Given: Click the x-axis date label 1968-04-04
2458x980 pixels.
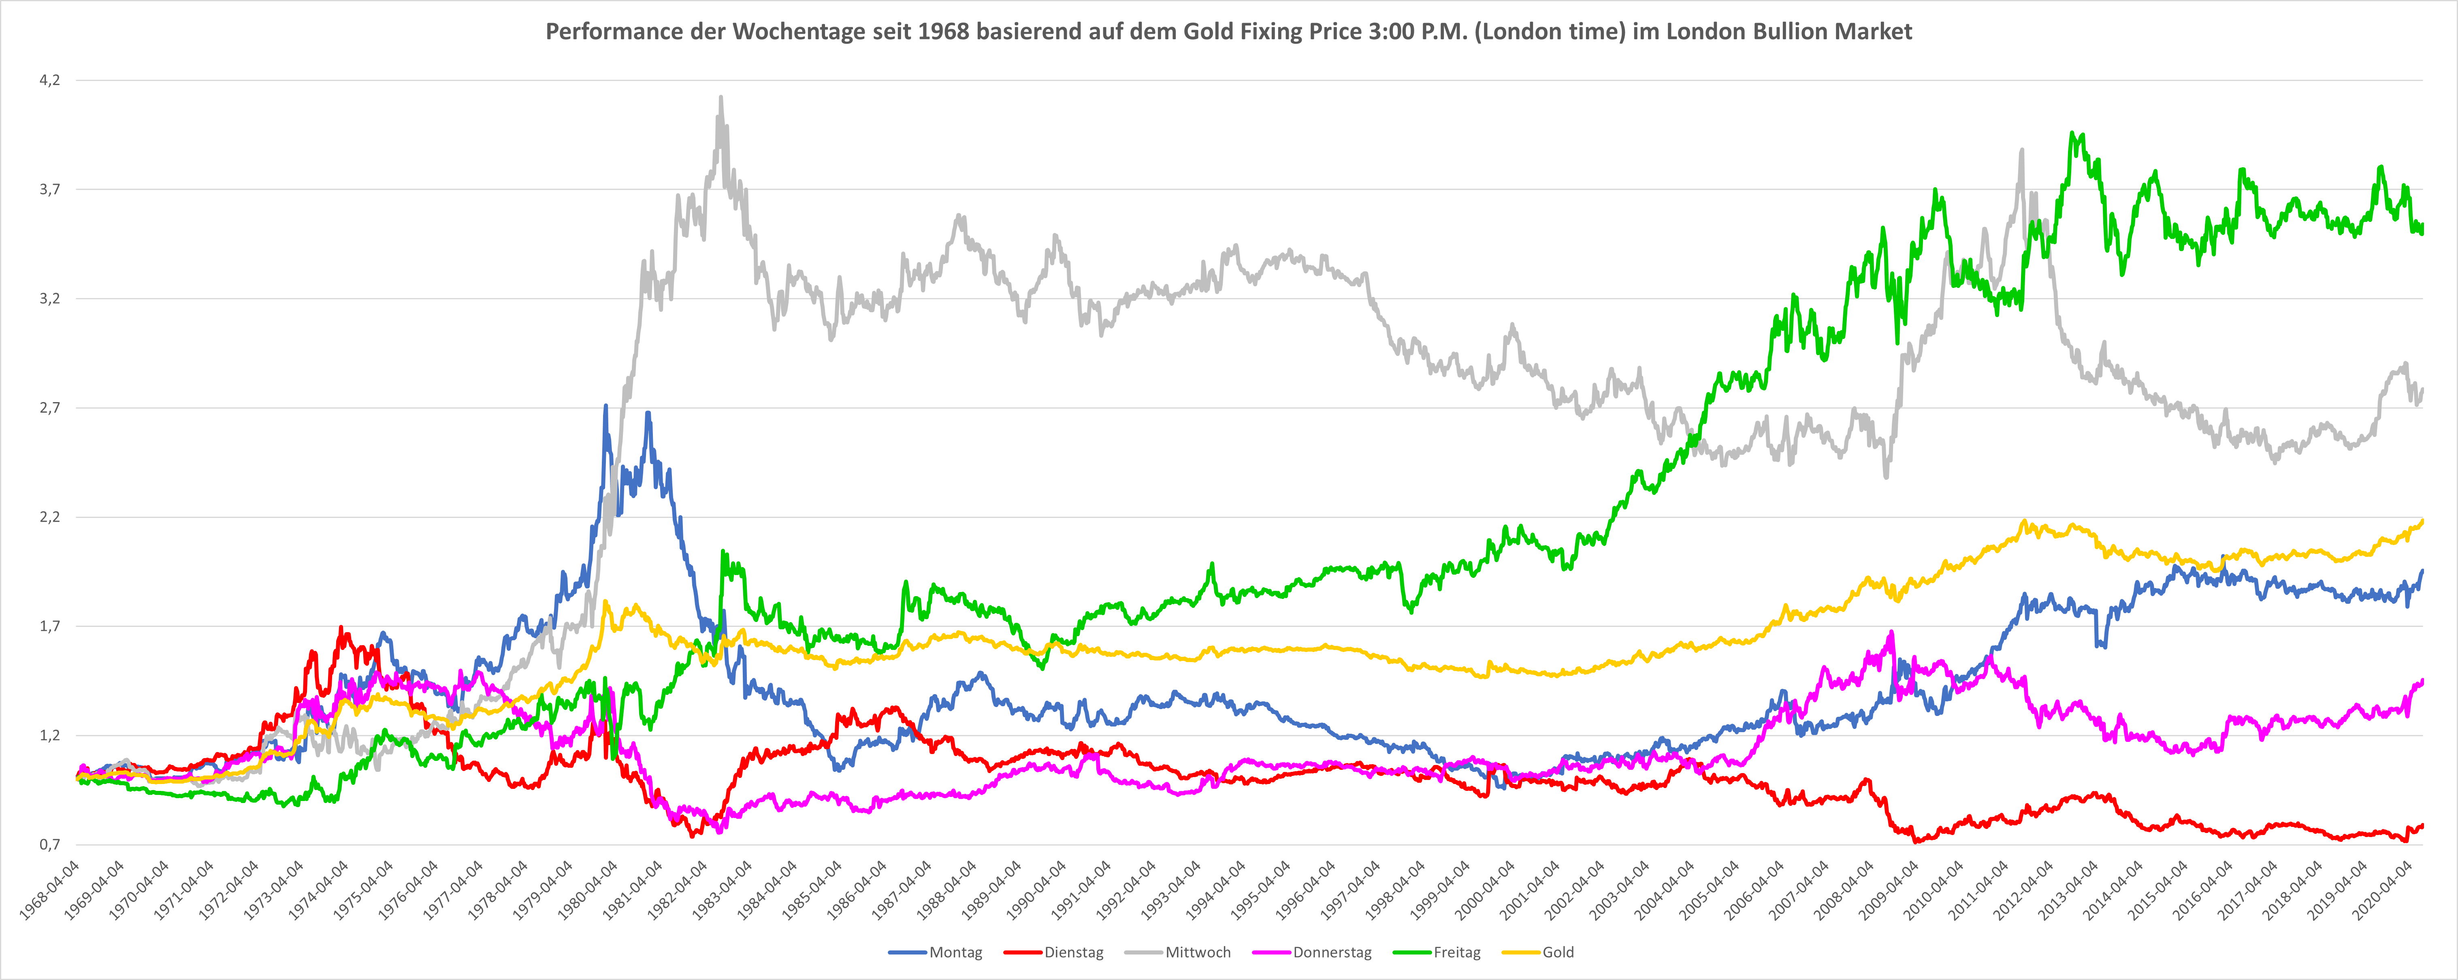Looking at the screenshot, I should (50, 889).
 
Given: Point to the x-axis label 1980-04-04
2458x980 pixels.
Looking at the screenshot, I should (589, 889).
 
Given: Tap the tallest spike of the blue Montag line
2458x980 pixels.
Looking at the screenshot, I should (606, 407).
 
